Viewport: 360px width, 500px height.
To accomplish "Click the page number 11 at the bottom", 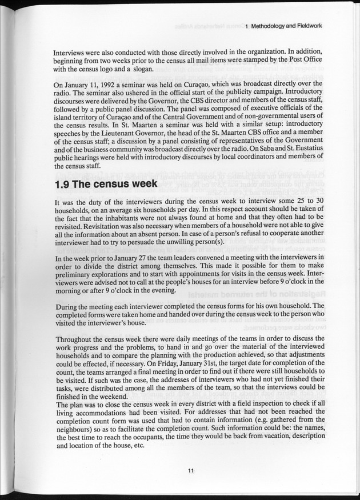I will (x=191, y=470).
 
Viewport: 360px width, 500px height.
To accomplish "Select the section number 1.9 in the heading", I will (x=66, y=185).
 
